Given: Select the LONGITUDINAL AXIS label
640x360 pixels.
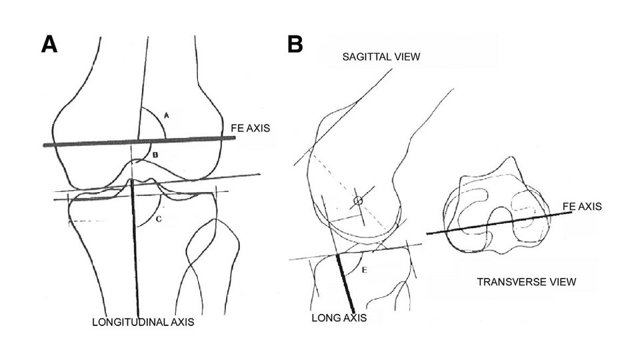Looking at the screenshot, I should click(x=143, y=323).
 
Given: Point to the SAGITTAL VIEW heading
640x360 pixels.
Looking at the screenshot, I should click(x=381, y=57).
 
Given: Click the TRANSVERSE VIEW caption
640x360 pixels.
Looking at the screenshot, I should click(x=527, y=282).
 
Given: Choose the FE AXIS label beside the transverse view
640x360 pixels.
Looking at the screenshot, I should click(x=583, y=207).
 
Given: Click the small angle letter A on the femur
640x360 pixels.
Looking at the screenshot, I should click(x=167, y=115).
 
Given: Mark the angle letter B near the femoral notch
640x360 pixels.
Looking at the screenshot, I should click(x=155, y=155).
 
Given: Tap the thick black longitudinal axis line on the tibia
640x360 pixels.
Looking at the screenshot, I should click(x=136, y=253).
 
